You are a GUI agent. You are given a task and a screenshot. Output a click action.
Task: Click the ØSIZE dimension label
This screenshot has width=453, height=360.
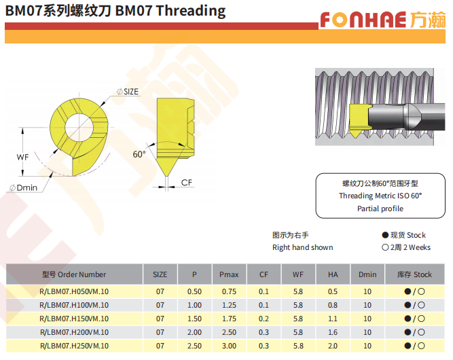128,92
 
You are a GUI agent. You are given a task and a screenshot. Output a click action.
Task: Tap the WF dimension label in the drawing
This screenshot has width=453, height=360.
22,157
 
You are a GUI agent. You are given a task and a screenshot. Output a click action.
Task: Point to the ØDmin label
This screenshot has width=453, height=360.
23,187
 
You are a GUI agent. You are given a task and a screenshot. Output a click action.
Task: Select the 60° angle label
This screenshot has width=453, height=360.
139,154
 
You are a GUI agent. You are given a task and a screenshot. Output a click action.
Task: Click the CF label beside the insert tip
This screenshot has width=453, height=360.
186,183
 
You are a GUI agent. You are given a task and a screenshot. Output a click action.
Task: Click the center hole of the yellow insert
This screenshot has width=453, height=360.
79,128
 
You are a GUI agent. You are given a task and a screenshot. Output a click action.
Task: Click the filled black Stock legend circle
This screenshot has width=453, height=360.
385,235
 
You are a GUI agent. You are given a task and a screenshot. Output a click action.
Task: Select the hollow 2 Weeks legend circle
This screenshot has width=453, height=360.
385,247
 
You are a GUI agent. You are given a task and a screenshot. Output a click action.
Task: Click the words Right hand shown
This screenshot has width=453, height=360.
302,247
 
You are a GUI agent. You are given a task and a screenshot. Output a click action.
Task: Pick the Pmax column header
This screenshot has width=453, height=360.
229,274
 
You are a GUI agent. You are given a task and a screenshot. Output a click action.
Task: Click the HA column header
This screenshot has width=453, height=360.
333,274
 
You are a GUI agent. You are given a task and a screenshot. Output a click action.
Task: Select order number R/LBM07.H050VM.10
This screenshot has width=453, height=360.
74,291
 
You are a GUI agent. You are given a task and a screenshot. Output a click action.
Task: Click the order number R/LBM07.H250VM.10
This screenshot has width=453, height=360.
74,346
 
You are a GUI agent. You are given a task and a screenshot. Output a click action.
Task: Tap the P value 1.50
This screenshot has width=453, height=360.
194,319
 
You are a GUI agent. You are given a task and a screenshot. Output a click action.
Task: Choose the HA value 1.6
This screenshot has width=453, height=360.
333,332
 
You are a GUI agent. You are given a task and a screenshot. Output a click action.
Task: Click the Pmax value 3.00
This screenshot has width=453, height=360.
229,346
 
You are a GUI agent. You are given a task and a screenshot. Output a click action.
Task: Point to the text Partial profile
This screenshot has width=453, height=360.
380,209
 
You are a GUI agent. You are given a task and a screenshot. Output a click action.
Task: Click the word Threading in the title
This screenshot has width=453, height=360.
191,11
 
